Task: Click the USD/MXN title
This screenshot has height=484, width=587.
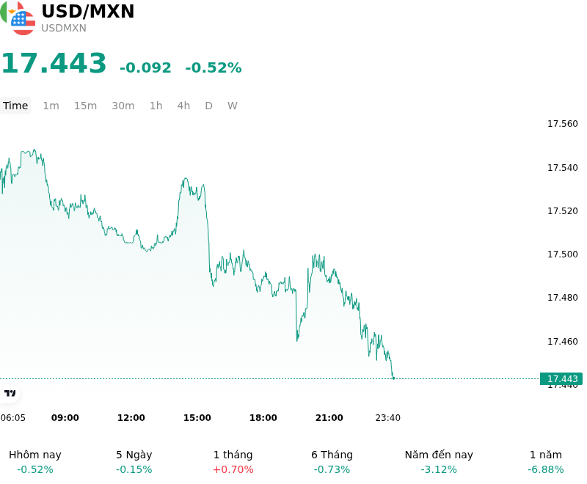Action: point(87,11)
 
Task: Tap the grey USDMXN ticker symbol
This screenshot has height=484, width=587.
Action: point(64,28)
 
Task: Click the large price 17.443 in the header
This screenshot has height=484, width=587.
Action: point(54,63)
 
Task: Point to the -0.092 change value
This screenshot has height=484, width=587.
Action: point(145,67)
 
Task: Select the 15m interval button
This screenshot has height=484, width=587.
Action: point(85,106)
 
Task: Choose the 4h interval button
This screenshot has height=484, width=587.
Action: point(183,106)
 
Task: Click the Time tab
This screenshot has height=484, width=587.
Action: point(15,106)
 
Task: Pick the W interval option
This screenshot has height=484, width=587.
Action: point(232,106)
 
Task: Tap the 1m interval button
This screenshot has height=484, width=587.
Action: point(51,106)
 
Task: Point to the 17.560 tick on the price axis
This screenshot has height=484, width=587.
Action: point(563,124)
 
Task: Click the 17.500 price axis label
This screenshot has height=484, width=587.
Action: point(563,254)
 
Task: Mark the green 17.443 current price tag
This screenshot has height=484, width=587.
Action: point(561,379)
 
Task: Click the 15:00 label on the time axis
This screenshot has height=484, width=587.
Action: point(197,418)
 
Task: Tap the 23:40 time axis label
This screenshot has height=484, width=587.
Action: point(388,418)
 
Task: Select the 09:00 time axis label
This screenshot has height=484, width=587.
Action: point(65,418)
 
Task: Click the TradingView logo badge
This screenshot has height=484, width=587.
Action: point(10,393)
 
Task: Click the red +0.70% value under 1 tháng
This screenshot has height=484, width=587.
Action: point(233,469)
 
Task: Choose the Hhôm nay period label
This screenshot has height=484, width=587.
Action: point(34,455)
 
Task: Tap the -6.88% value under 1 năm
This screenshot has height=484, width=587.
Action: point(545,469)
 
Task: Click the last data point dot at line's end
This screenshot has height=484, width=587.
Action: point(393,378)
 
